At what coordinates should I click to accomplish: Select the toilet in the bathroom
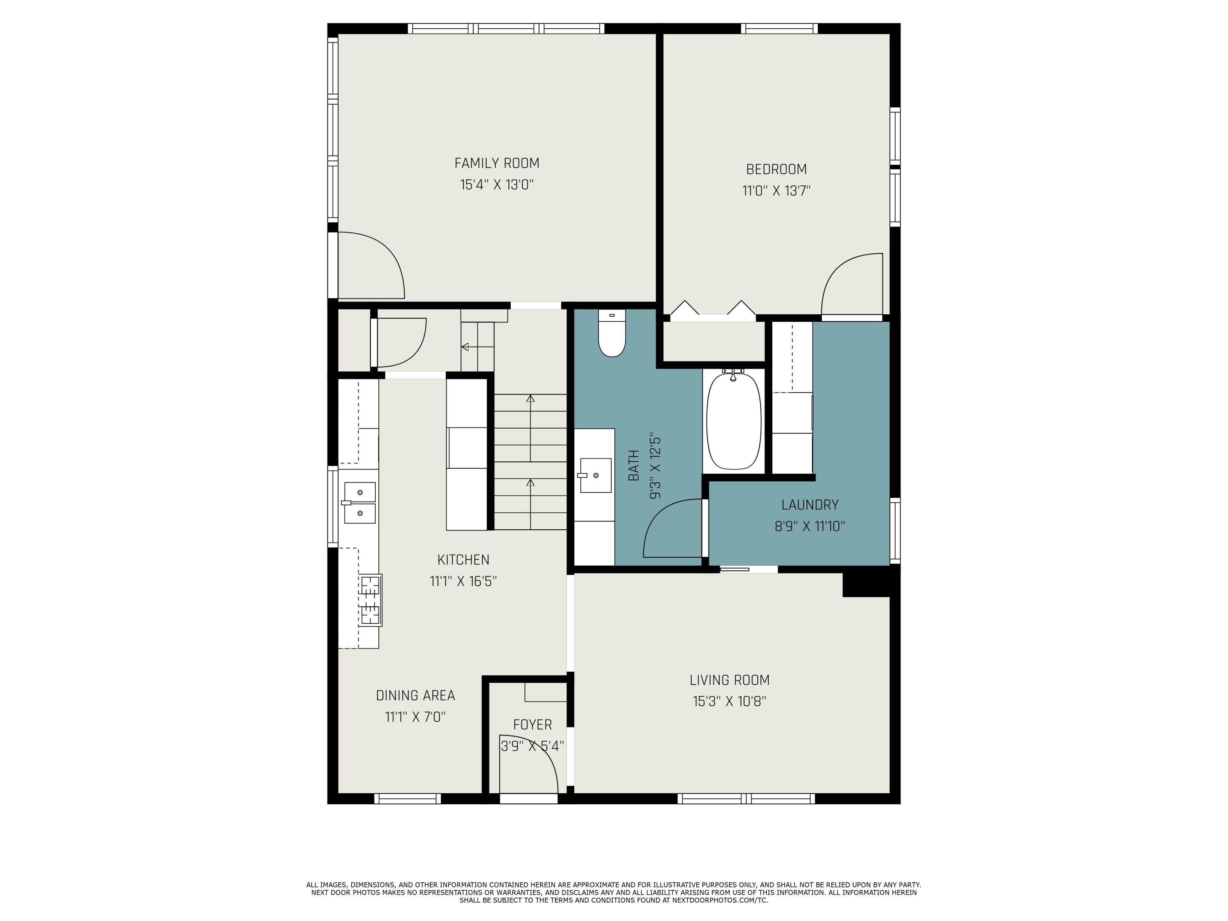coord(612,335)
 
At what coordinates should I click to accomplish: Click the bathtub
coord(734,421)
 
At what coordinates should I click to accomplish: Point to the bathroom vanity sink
coord(595,475)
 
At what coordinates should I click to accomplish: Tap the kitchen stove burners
coord(370,600)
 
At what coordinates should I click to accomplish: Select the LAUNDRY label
coord(809,505)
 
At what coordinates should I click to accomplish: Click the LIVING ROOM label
coord(729,680)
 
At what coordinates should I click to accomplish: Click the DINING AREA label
coord(415,695)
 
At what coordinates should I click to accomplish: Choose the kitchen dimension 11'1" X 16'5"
coord(463,581)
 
